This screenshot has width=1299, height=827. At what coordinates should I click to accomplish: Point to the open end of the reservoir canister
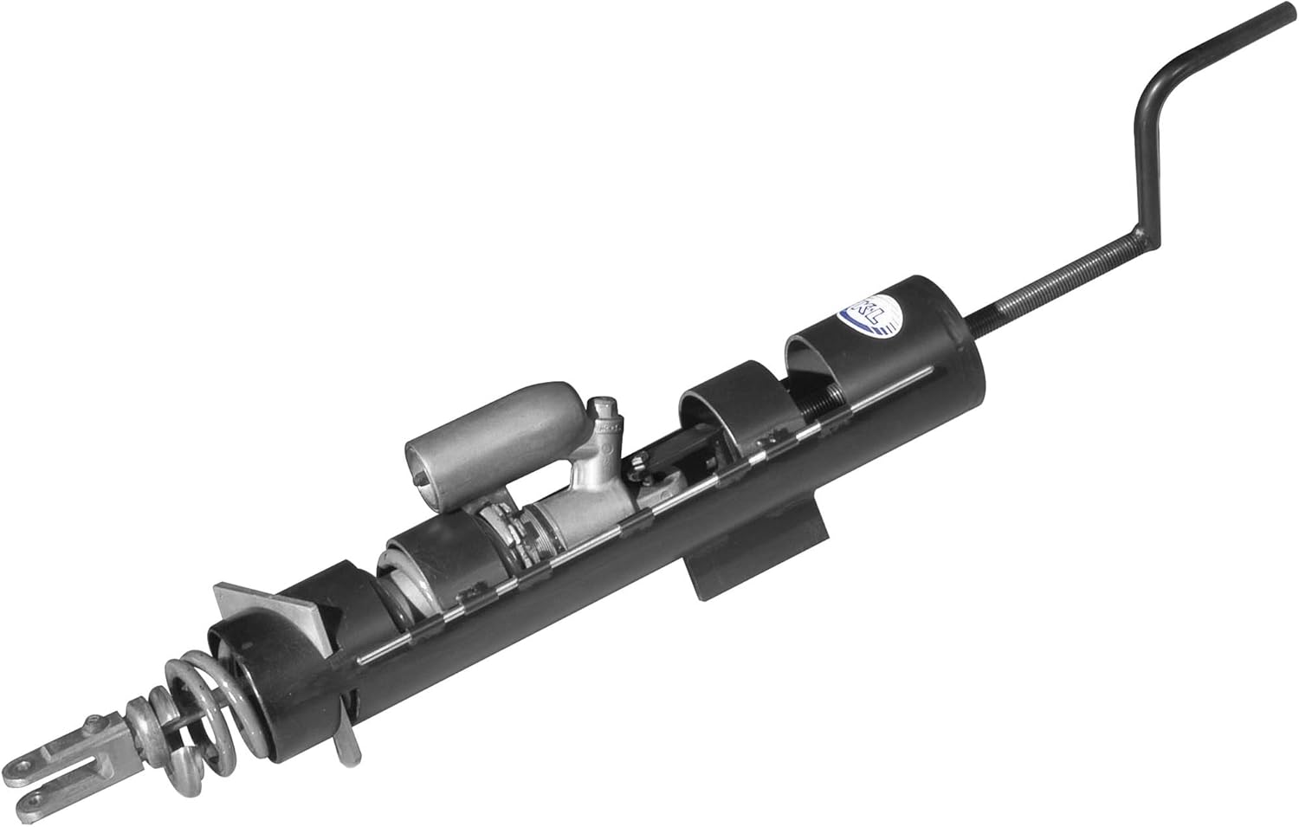[422, 468]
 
